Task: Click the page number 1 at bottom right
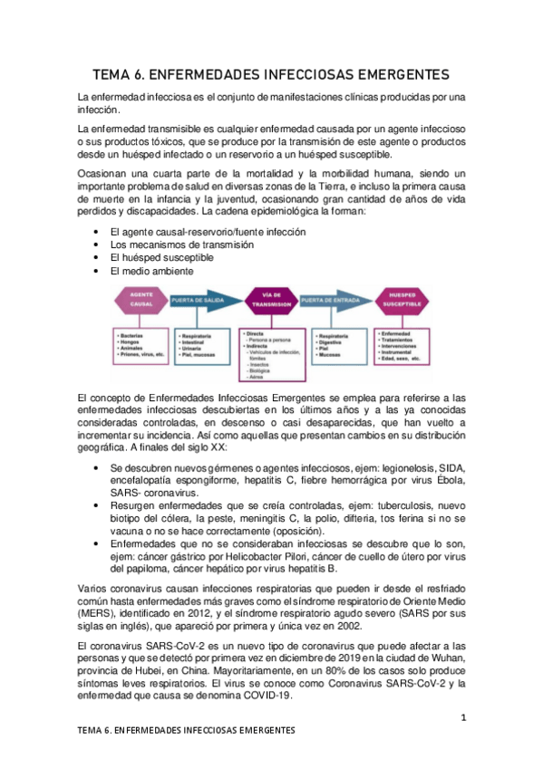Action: pos(463,718)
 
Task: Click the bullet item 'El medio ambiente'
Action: pos(150,271)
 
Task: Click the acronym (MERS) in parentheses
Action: pos(97,613)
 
